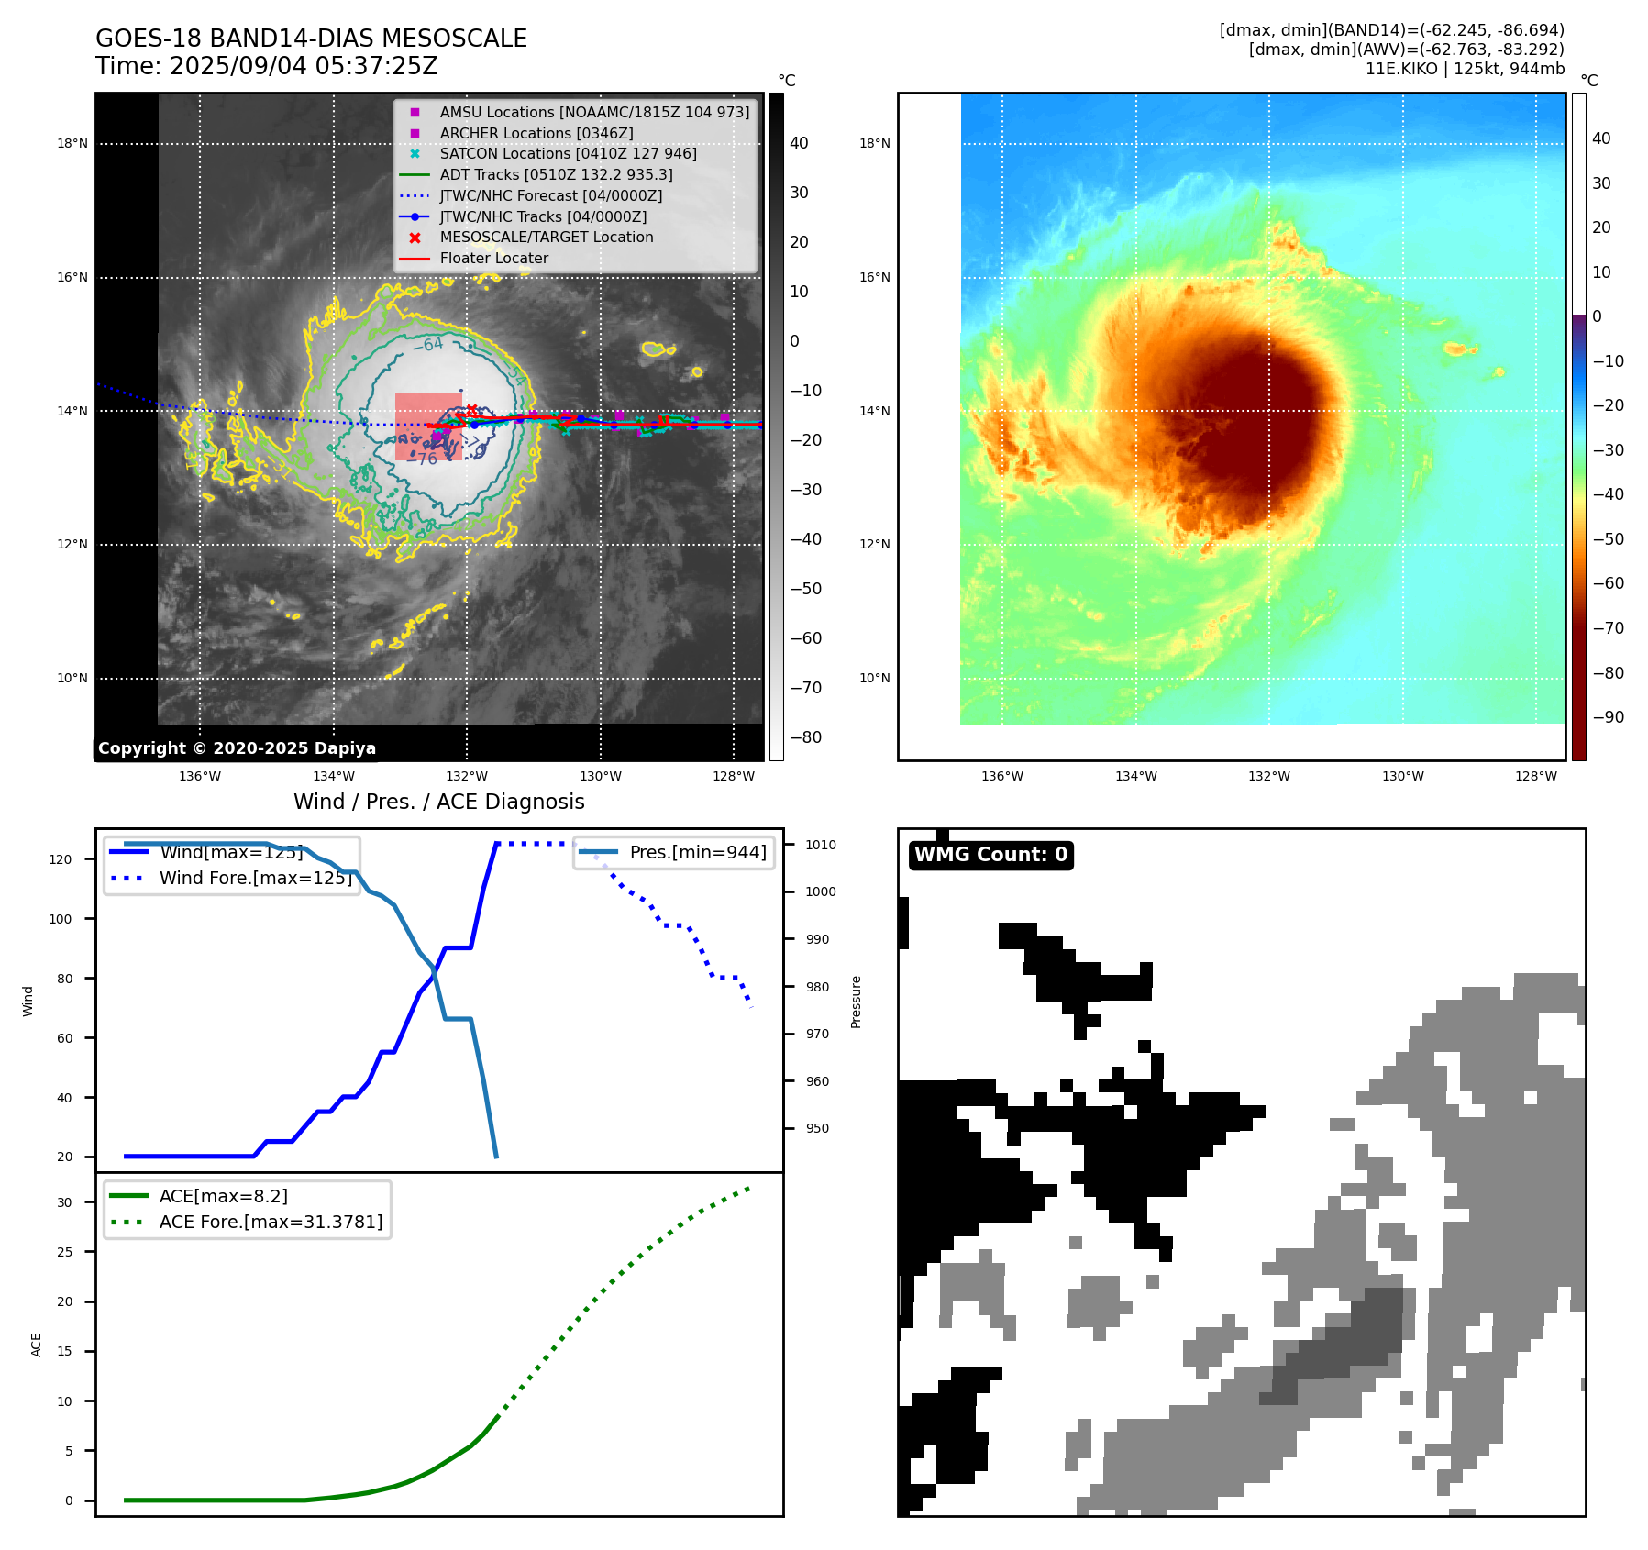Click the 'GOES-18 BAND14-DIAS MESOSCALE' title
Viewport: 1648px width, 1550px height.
click(x=311, y=39)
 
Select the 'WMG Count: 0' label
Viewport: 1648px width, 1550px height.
click(x=990, y=855)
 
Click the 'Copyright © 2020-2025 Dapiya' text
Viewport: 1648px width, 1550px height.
click(x=237, y=748)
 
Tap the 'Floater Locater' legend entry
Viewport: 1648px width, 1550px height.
click(x=493, y=259)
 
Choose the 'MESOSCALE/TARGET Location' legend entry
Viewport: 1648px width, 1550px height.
click(x=546, y=238)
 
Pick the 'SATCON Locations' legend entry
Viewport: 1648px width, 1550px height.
click(x=568, y=154)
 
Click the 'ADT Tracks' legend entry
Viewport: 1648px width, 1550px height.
click(x=556, y=174)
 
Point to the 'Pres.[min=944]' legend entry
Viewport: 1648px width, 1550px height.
click(x=697, y=852)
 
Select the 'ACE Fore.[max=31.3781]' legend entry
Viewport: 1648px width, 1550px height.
click(x=271, y=1222)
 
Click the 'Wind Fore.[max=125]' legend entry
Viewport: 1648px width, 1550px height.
click(x=256, y=878)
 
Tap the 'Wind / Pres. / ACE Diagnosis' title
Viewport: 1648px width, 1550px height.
click(x=438, y=802)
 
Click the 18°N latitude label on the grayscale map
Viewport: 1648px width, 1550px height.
click(x=72, y=144)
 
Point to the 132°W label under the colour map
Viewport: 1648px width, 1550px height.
click(x=1269, y=776)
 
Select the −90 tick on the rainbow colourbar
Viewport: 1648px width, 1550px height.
click(x=1608, y=717)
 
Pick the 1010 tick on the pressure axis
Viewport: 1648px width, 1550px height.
click(x=821, y=845)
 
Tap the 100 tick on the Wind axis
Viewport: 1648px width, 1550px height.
click(x=61, y=919)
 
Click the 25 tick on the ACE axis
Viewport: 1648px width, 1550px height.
click(x=64, y=1252)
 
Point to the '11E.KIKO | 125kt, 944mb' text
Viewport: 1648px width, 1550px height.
click(x=1465, y=69)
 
